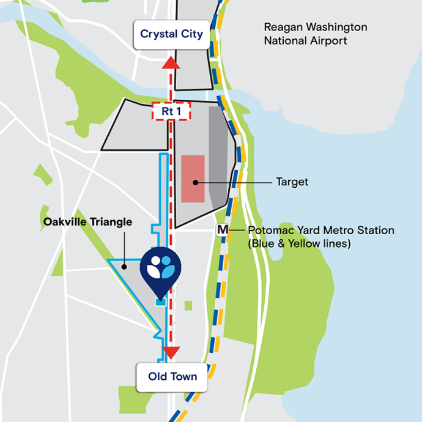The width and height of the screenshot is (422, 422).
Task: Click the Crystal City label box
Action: [171, 34]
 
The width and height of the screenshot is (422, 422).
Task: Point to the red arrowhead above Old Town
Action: [171, 352]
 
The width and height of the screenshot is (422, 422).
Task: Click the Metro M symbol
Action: [223, 231]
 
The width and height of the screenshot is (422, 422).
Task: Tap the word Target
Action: [292, 182]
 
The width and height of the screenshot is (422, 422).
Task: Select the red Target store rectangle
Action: [193, 178]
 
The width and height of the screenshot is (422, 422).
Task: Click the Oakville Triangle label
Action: [87, 222]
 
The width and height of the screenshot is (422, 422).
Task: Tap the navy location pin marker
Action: [161, 268]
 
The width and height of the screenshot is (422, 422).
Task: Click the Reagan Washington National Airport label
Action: [315, 34]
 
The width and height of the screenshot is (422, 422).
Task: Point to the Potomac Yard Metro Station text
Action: [321, 231]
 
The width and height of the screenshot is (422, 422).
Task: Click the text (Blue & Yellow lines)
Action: [299, 243]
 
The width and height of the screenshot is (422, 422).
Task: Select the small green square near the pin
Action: [188, 305]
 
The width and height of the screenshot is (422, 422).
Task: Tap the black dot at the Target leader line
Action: [195, 182]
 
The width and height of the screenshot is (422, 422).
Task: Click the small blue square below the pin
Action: [161, 302]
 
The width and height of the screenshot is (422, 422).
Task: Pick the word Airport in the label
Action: [328, 41]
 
